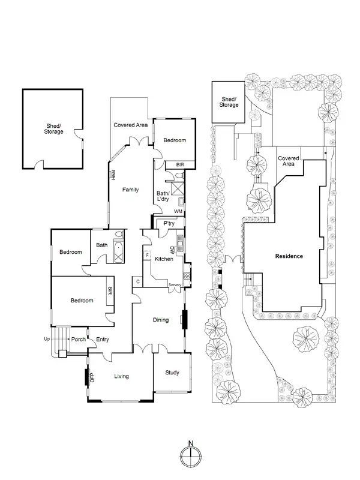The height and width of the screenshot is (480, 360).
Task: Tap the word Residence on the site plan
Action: click(x=289, y=256)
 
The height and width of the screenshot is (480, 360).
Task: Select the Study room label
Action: click(x=172, y=373)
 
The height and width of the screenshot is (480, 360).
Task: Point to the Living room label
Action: click(x=122, y=376)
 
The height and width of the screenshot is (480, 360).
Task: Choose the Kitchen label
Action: click(x=164, y=259)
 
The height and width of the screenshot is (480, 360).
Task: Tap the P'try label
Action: click(x=169, y=224)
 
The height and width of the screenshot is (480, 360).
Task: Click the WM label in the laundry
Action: click(x=178, y=211)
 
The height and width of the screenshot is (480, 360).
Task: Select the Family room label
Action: click(x=131, y=190)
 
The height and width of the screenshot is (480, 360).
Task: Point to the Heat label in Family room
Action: click(x=113, y=175)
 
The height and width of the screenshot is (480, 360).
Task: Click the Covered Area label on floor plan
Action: click(x=131, y=125)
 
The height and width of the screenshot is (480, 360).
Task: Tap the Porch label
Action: click(x=79, y=340)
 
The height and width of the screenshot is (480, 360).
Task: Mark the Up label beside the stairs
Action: click(x=47, y=339)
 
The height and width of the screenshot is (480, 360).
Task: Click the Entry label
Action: click(x=103, y=340)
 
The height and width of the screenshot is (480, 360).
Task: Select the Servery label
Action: click(x=175, y=284)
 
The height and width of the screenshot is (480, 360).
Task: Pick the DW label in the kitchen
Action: click(x=172, y=250)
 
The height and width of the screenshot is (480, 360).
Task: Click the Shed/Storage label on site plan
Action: click(x=229, y=101)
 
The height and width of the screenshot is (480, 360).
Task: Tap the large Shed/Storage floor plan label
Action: click(x=53, y=128)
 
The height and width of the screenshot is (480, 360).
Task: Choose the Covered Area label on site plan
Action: click(x=289, y=161)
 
